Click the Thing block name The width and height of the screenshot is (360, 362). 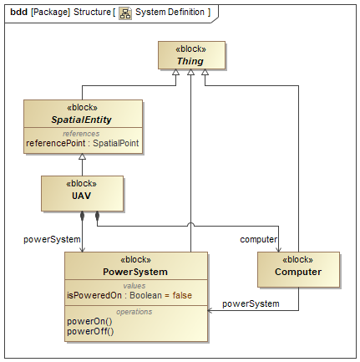tap(190, 61)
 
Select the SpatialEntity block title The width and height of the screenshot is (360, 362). tap(81, 120)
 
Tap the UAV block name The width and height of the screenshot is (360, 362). tap(81, 196)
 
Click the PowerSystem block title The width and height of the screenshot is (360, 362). tap(135, 272)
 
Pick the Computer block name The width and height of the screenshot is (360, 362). tap(298, 272)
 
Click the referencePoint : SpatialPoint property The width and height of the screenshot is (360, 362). tap(83, 143)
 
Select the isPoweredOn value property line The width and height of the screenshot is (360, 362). tap(129, 295)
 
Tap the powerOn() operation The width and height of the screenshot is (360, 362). tap(89, 321)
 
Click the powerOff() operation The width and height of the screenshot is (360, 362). tap(90, 331)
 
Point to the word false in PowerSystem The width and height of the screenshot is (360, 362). tap(182, 295)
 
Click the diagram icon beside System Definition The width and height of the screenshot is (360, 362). tap(125, 13)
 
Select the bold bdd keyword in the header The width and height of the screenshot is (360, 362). tap(18, 12)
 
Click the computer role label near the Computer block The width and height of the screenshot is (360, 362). tap(258, 239)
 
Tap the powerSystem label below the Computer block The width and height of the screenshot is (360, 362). tap(251, 303)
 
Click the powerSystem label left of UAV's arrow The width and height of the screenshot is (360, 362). tap(52, 239)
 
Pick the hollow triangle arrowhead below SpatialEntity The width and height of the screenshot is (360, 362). tap(82, 156)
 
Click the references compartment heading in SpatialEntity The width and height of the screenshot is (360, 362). tap(81, 134)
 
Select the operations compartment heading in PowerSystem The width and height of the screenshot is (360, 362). tap(134, 312)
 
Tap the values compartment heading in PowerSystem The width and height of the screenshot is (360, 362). tap(134, 286)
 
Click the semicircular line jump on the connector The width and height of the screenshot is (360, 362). tap(190, 223)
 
